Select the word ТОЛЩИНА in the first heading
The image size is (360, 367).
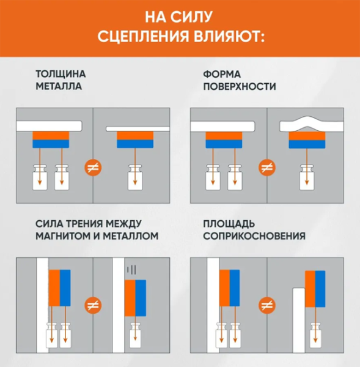pyautogui.click(x=61, y=75)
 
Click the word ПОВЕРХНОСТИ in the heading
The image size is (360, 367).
pyautogui.click(x=240, y=86)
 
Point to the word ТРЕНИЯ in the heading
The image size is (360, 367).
pyautogui.click(x=83, y=224)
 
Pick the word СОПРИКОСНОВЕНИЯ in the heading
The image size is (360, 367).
pyautogui.click(x=254, y=236)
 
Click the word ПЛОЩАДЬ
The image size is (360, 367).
pyautogui.click(x=229, y=224)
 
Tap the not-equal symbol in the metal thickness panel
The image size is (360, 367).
pyautogui.click(x=93, y=168)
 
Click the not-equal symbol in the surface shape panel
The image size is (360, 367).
pyautogui.click(x=267, y=168)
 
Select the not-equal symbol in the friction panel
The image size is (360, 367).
pyautogui.click(x=93, y=305)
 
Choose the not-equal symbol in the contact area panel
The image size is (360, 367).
pyautogui.click(x=267, y=305)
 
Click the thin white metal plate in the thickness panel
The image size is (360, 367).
pyautogui.click(x=138, y=128)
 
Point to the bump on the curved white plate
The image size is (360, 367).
pyautogui.click(x=306, y=122)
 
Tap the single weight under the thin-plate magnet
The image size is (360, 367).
pyautogui.click(x=135, y=177)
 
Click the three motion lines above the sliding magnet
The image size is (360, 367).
pyautogui.click(x=131, y=270)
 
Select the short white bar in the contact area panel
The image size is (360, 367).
pyautogui.click(x=299, y=320)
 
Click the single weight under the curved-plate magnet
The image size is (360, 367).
pyautogui.click(x=307, y=177)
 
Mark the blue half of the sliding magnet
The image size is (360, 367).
pyautogui.click(x=141, y=298)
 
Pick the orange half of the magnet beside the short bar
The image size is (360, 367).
pyautogui.click(x=310, y=289)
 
